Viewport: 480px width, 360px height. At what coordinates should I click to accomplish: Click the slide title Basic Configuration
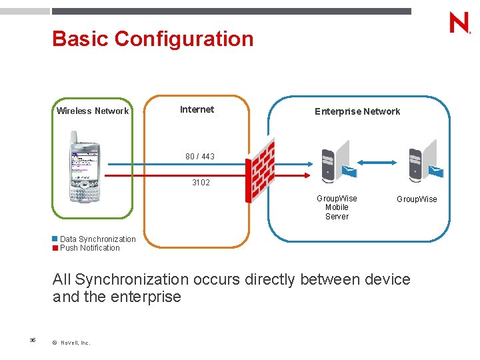(x=153, y=39)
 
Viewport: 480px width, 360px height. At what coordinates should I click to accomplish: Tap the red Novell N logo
(x=459, y=23)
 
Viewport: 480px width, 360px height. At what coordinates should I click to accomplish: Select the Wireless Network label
(x=92, y=111)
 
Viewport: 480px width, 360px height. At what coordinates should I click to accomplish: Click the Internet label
(x=197, y=109)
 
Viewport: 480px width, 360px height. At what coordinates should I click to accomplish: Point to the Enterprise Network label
(x=357, y=111)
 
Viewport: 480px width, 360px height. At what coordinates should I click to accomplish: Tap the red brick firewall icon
(x=260, y=170)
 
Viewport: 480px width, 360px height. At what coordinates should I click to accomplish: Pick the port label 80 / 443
(x=200, y=157)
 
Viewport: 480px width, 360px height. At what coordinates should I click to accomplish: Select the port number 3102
(x=201, y=182)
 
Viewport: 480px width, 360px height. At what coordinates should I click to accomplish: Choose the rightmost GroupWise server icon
(x=424, y=162)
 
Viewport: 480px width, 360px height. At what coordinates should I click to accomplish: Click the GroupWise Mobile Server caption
(x=337, y=207)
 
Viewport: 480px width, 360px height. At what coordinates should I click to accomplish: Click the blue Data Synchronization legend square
(x=55, y=239)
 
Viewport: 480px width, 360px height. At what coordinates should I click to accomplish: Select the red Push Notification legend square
(x=55, y=248)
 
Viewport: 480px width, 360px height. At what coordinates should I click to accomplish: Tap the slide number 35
(x=32, y=340)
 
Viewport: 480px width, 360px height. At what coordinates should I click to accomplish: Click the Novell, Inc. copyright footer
(x=71, y=343)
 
